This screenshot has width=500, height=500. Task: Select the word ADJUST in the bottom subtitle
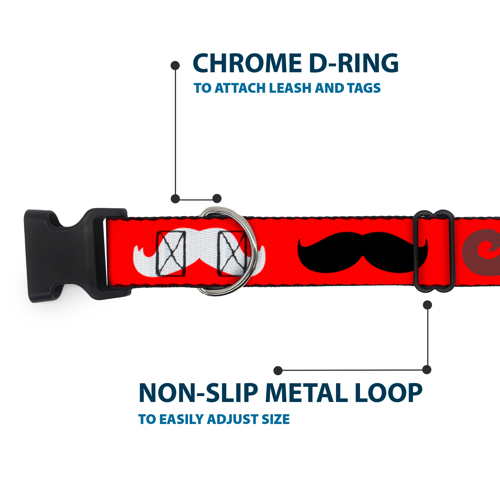(233, 426)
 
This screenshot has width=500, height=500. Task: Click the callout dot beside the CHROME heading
(175, 65)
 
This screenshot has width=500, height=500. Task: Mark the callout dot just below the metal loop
(427, 305)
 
